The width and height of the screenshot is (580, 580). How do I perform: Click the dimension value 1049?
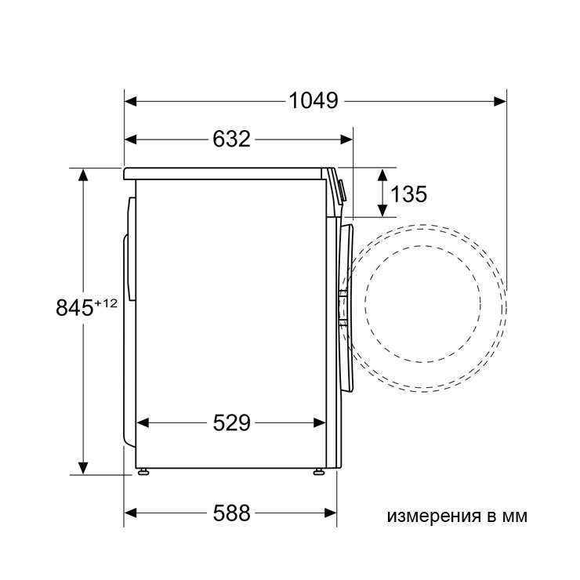click(314, 100)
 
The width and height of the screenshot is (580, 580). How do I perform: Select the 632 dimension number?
click(231, 140)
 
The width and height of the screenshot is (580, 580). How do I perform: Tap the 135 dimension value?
click(408, 194)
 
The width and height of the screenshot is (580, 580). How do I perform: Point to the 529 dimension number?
click(231, 422)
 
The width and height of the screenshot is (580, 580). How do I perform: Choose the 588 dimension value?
click(231, 513)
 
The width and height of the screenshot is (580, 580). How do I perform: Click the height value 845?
click(74, 308)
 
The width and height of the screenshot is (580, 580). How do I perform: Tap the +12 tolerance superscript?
click(106, 303)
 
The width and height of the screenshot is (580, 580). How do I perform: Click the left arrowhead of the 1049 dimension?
click(131, 101)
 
